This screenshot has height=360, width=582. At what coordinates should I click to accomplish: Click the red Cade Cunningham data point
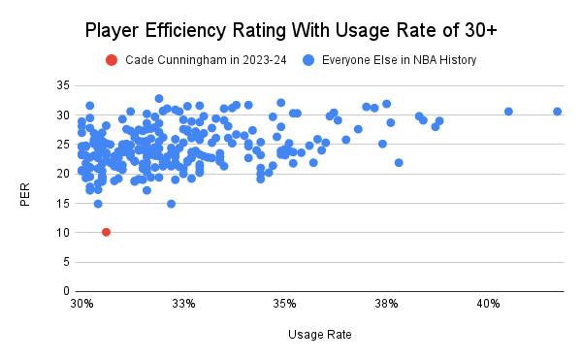[106, 232]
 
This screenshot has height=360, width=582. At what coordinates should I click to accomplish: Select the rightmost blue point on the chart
[557, 112]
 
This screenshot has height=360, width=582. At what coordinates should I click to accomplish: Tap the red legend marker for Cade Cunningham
[112, 60]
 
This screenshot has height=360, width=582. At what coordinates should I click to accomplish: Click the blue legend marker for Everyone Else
[308, 60]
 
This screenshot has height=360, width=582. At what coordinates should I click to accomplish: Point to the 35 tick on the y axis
[63, 85]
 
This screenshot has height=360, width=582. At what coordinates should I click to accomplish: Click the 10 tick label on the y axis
[63, 233]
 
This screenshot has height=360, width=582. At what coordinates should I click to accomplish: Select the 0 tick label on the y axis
[66, 291]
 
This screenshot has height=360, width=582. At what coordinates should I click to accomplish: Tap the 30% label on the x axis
[81, 304]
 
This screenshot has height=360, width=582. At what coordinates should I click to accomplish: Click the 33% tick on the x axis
[183, 304]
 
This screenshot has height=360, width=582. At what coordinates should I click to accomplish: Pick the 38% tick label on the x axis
[386, 304]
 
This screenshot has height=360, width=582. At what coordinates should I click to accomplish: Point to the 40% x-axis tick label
[488, 304]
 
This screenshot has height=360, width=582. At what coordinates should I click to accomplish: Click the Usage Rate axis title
[319, 335]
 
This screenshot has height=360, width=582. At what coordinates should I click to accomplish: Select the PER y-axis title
[25, 194]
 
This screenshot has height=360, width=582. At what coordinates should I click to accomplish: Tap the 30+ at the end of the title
[481, 30]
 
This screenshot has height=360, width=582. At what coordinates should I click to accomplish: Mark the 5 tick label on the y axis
[66, 262]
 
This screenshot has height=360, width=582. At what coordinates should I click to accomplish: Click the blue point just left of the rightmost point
[508, 112]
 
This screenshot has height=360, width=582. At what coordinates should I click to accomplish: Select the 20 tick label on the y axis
[63, 174]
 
